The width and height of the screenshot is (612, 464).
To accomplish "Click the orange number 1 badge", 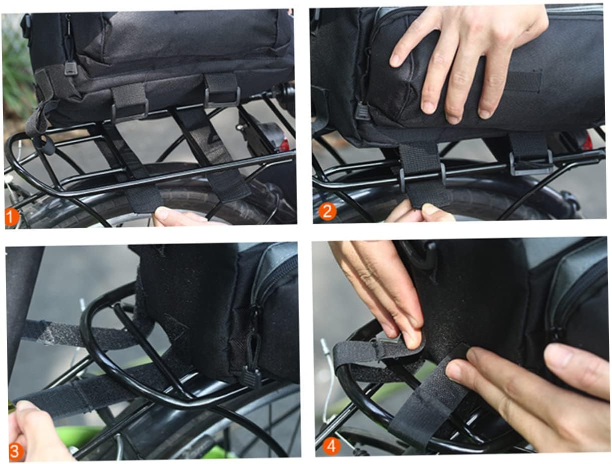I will [12, 217].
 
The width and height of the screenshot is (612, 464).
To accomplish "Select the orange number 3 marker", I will [16, 451].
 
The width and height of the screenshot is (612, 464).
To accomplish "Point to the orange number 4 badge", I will [331, 445].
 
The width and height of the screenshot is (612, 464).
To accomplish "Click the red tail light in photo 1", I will [284, 145].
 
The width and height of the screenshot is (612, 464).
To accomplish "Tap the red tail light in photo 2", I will [586, 142].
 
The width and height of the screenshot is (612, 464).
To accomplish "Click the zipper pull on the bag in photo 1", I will [71, 67].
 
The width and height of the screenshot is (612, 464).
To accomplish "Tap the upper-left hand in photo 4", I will [380, 285].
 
